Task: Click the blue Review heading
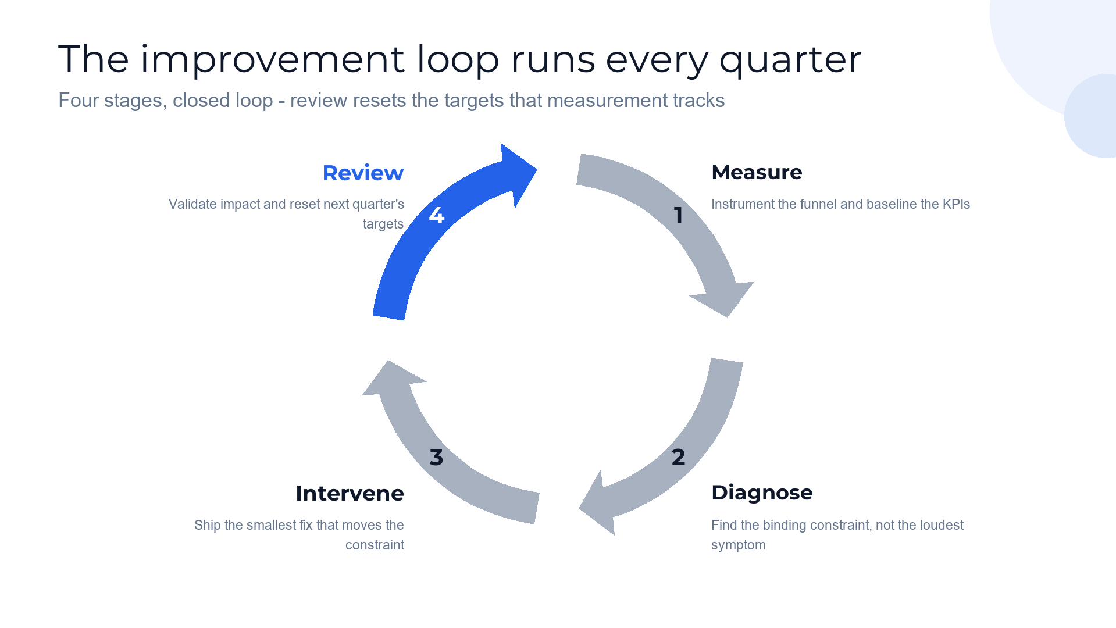[363, 173]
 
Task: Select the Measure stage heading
[757, 172]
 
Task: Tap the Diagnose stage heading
[762, 493]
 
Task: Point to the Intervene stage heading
[350, 493]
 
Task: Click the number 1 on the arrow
[678, 216]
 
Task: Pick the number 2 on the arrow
[678, 457]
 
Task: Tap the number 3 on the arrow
[436, 457]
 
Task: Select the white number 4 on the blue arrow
[436, 216]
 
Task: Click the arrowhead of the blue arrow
[518, 173]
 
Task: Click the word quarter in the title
[790, 60]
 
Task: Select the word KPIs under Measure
[956, 204]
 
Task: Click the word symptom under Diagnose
[739, 545]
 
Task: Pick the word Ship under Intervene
[208, 526]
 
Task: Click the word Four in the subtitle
[79, 101]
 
